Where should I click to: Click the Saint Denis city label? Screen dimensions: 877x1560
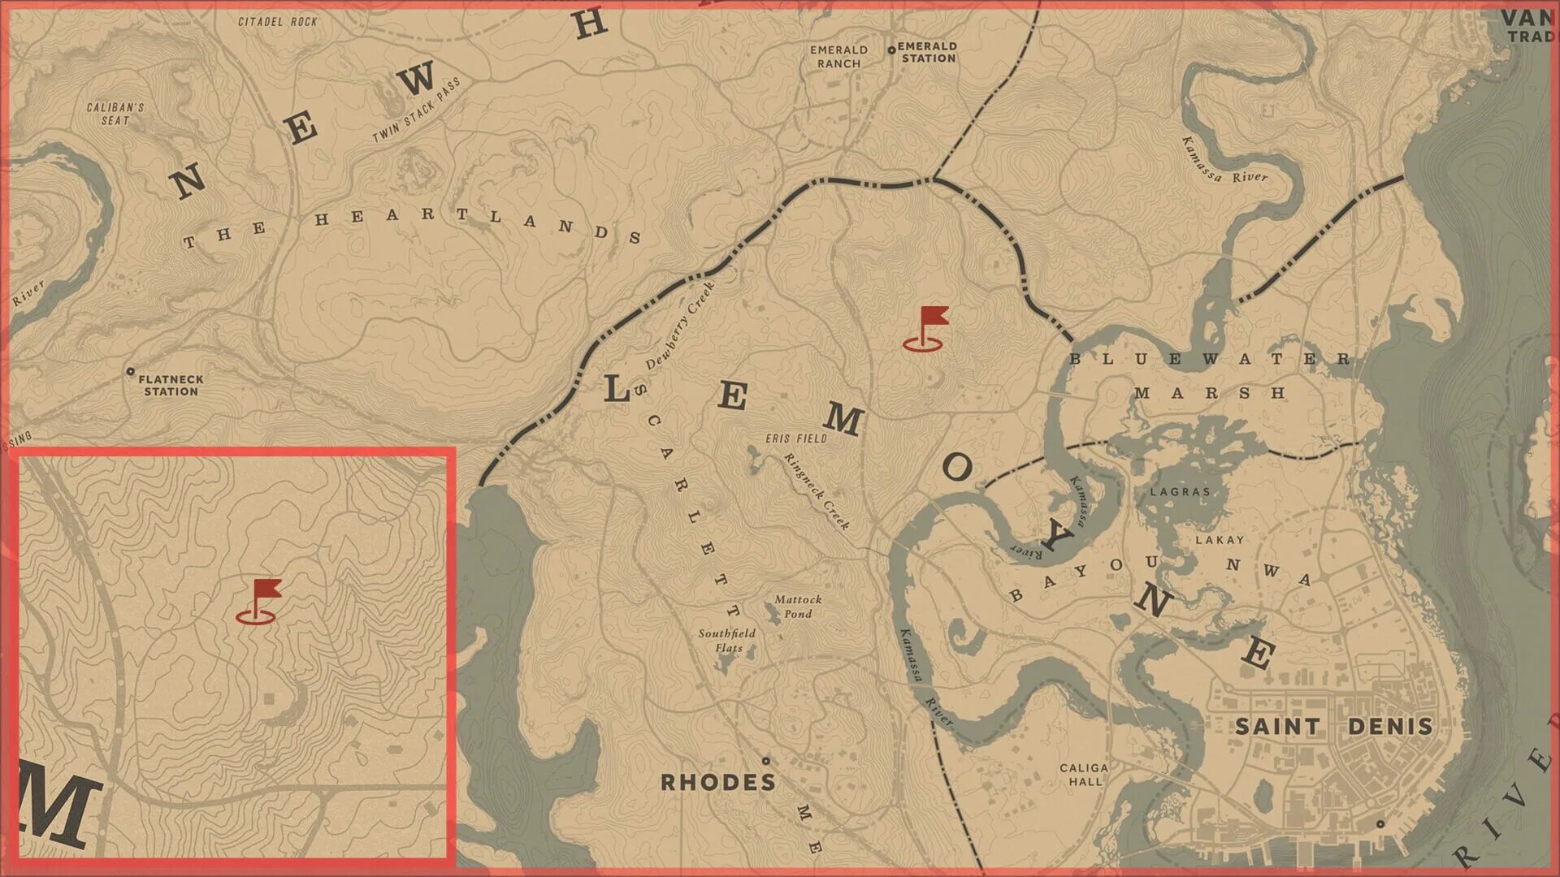1333,726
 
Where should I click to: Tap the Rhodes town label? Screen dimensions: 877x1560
717,782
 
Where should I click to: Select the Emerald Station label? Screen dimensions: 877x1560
927,52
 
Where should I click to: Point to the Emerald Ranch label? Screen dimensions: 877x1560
838,56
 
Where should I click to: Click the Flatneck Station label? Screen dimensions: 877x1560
171,385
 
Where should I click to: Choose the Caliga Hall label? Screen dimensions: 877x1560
1084,774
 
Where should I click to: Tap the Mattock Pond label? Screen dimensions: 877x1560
798,607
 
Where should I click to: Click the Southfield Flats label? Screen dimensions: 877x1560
727,640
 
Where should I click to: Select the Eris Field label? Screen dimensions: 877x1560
796,438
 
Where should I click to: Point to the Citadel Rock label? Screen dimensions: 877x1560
278,21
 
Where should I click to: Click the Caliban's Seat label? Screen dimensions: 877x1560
115,114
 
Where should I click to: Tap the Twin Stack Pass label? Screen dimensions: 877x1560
416,110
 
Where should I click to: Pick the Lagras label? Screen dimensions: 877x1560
1180,491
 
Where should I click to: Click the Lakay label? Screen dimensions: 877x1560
1220,539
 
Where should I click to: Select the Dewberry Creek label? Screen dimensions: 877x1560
680,326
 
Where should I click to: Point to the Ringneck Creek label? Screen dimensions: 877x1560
817,491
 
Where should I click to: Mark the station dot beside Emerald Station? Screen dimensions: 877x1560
891,50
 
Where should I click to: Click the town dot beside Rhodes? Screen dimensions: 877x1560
765,761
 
